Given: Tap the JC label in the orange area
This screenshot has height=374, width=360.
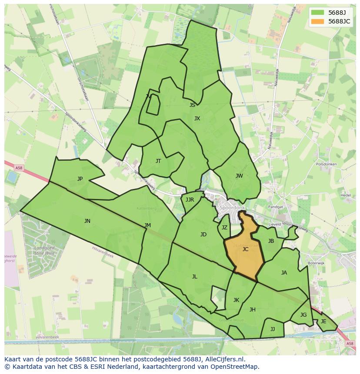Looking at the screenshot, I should (x=245, y=249).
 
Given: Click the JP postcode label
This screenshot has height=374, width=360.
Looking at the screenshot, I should (x=80, y=179).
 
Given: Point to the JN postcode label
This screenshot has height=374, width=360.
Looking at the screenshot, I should (x=87, y=221).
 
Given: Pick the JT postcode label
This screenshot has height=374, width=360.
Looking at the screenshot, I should (x=158, y=161).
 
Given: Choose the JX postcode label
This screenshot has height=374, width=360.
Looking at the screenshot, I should (x=197, y=119).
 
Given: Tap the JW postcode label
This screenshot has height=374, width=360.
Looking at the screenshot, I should (x=239, y=176).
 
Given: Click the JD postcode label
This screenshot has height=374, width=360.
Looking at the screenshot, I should (x=203, y=235).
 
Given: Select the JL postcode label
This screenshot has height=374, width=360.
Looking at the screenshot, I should (x=194, y=277).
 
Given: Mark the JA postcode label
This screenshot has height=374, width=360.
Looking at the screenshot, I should (x=284, y=273).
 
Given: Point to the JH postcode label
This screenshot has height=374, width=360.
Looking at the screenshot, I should (x=252, y=310).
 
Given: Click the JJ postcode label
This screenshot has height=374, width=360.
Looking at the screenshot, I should (x=273, y=329).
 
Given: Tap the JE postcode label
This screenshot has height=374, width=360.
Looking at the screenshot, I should (x=323, y=321).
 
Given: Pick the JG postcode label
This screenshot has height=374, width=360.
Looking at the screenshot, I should (x=303, y=315).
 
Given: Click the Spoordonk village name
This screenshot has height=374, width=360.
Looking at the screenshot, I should (x=233, y=208).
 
